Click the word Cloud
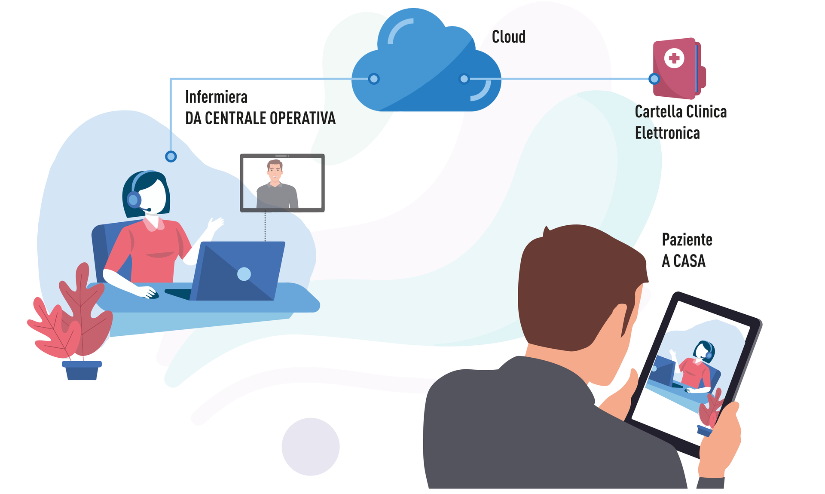(x=508, y=37)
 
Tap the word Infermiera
(x=216, y=97)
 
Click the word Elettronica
(x=667, y=133)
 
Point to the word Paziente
(x=687, y=239)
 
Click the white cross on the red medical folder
(x=674, y=58)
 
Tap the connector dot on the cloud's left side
(x=374, y=79)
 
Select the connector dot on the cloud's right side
(x=464, y=79)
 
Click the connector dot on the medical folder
(x=654, y=79)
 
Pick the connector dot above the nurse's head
(x=171, y=156)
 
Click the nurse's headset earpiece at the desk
(x=134, y=199)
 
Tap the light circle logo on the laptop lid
(x=244, y=274)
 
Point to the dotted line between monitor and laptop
(x=265, y=227)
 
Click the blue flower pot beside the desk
(x=82, y=370)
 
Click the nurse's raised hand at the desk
(x=214, y=225)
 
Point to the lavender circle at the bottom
(x=311, y=447)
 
